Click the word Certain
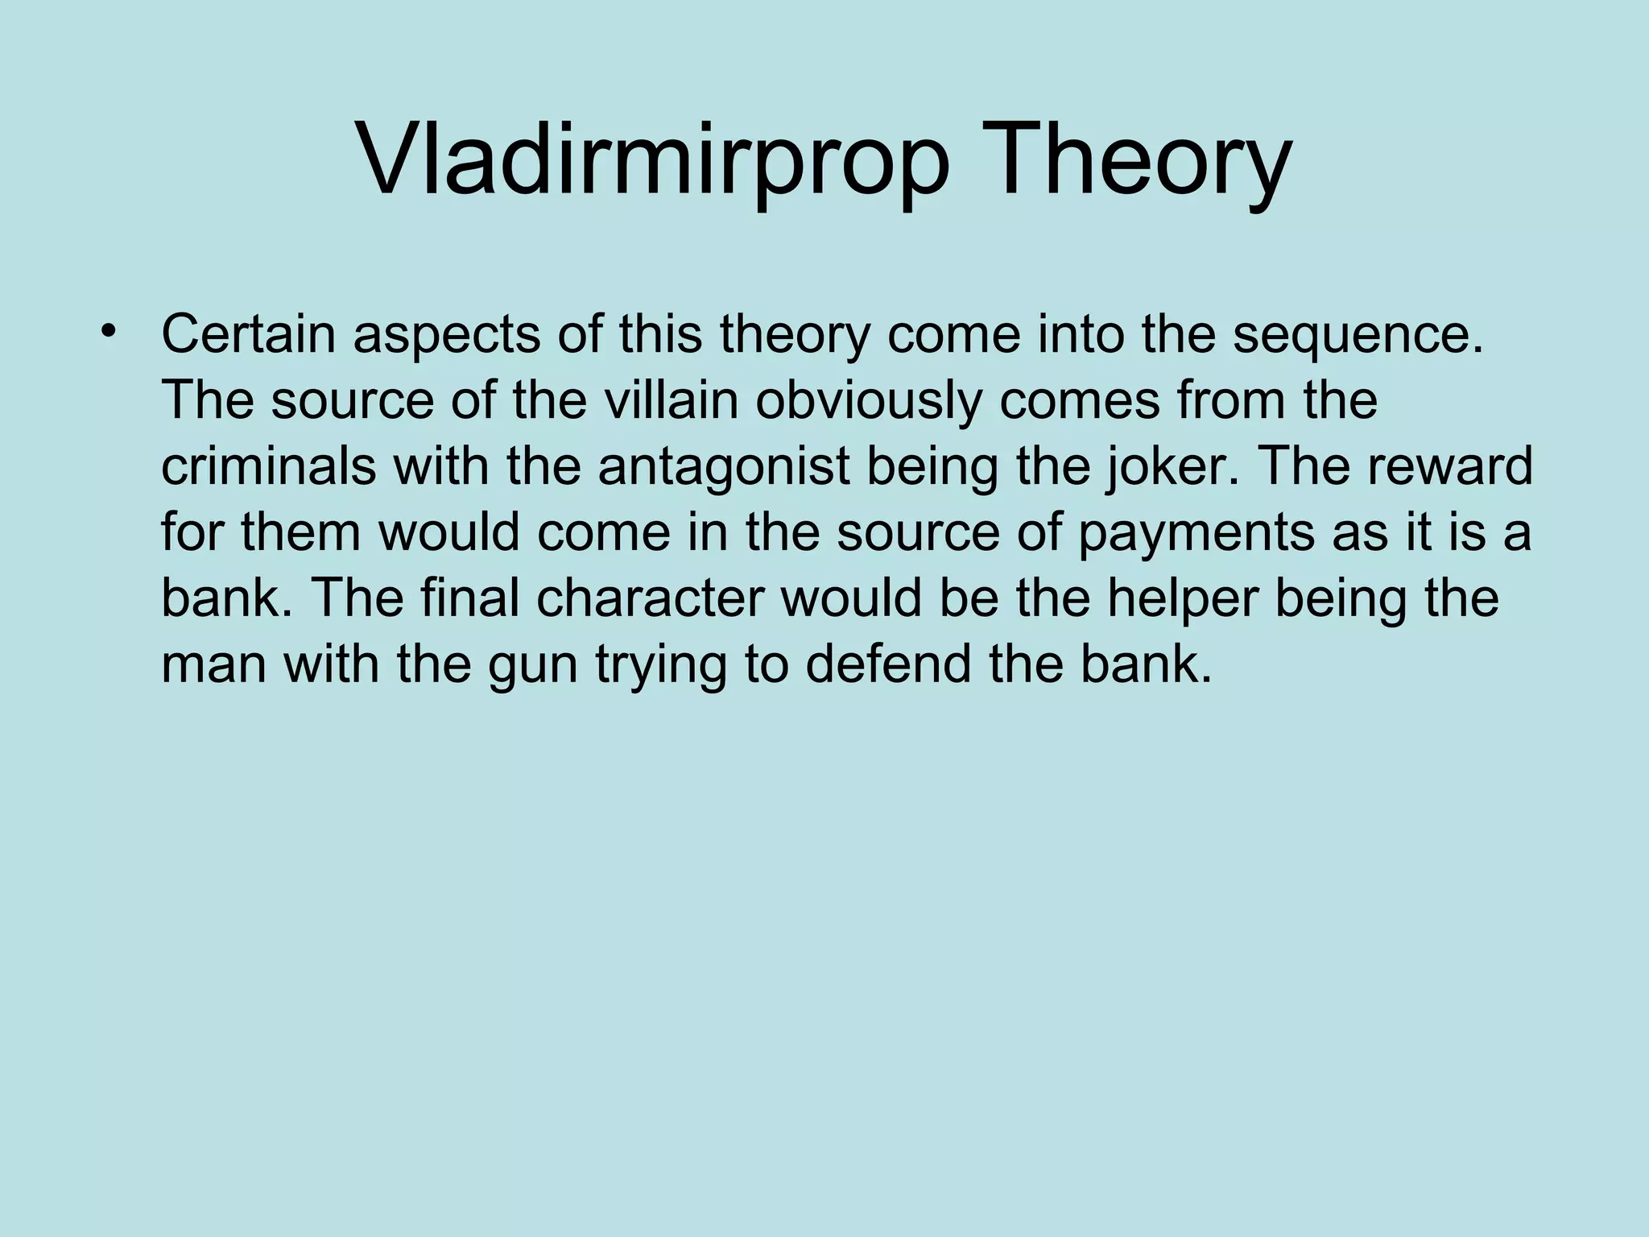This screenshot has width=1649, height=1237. click(x=248, y=334)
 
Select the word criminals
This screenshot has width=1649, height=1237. click(x=268, y=466)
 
